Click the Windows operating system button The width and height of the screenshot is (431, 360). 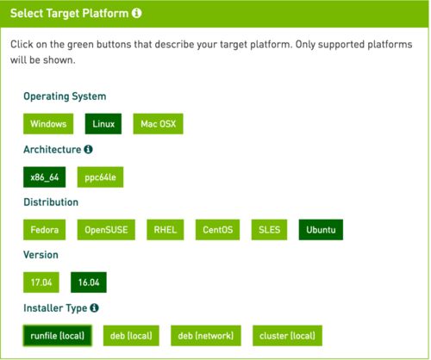[x=48, y=124]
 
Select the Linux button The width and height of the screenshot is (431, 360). [x=103, y=124]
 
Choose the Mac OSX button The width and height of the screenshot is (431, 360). [x=158, y=124]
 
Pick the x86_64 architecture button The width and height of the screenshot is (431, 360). [x=44, y=177]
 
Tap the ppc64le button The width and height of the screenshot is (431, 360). [x=100, y=177]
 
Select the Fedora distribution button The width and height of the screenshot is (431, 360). [x=44, y=230]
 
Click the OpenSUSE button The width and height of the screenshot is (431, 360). [x=106, y=230]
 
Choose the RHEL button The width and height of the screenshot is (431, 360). [x=166, y=230]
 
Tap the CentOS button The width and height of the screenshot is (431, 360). [x=217, y=230]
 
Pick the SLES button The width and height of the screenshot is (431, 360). [x=269, y=230]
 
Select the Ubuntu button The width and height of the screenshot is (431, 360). [x=321, y=230]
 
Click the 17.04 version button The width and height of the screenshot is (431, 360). [x=41, y=282]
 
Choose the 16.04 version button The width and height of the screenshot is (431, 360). [x=89, y=282]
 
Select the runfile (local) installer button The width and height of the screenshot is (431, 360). [x=58, y=336]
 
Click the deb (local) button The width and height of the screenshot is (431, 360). [x=131, y=336]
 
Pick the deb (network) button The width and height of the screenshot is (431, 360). [x=206, y=336]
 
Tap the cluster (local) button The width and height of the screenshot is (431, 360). [x=287, y=336]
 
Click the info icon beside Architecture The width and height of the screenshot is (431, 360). [x=88, y=149]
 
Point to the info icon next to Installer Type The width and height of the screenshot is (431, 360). [x=94, y=307]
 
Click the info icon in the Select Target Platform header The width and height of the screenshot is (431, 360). [x=137, y=13]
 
